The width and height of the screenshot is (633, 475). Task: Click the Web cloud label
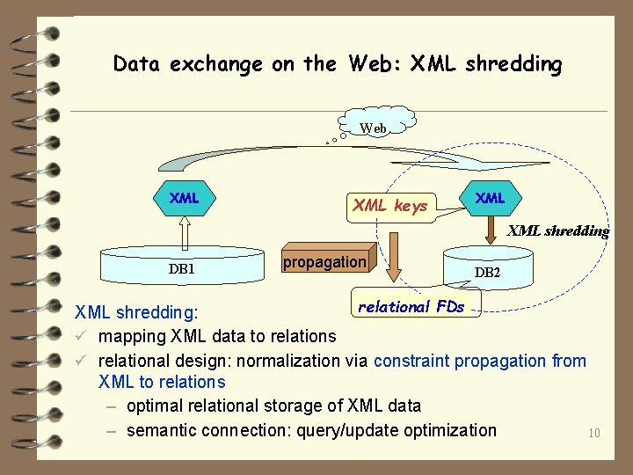point(374,128)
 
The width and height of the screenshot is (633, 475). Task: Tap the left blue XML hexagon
point(184,199)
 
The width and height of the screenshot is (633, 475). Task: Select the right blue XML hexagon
point(490,199)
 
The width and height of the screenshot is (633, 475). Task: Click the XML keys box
point(389,207)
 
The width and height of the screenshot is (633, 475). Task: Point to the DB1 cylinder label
point(182,268)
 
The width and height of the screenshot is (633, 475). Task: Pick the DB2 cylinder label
point(487,273)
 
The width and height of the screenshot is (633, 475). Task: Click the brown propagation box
point(324,262)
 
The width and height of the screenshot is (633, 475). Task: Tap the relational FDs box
point(411,307)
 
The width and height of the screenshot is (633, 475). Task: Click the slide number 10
point(593,433)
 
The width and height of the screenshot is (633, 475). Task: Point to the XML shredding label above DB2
point(558,231)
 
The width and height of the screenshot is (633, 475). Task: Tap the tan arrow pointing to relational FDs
point(397,255)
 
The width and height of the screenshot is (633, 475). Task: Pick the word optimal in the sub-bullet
point(154,406)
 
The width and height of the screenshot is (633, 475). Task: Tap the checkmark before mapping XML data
point(80,336)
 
